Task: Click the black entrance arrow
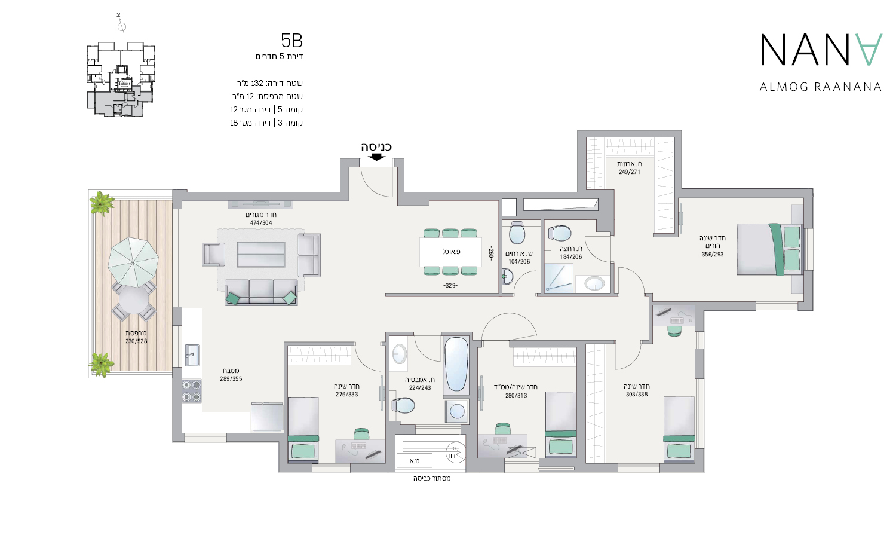376,157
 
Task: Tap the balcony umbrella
133,262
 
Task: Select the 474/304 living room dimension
261,223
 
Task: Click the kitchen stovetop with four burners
192,391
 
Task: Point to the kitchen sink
192,354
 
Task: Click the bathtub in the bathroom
456,364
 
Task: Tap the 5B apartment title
292,41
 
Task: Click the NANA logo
821,50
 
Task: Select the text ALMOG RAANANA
820,87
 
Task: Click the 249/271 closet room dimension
629,172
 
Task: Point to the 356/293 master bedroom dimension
713,254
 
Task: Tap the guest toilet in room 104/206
517,233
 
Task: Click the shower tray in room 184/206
559,278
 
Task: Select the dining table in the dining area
450,252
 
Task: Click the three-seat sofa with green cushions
261,293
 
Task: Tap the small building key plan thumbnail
121,80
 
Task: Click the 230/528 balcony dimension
136,341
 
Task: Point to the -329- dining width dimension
450,286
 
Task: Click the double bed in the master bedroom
770,249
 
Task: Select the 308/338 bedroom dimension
636,395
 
